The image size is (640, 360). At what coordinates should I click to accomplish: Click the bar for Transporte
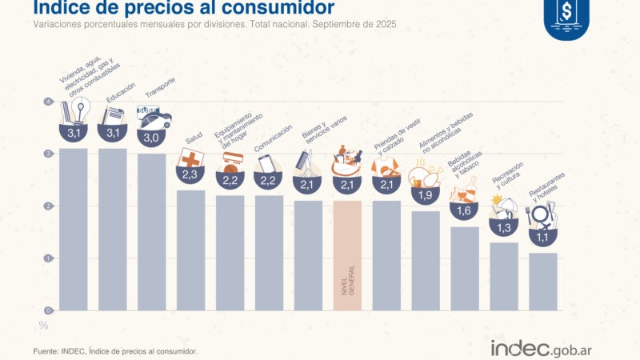click(x=152, y=232)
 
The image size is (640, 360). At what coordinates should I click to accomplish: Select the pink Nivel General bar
click(x=347, y=255)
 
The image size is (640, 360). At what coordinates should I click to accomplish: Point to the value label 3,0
click(x=152, y=138)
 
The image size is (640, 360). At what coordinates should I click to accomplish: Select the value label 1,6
click(x=465, y=212)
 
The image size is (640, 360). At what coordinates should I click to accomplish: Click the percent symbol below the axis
click(x=44, y=326)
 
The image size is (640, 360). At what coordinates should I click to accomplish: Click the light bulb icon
click(x=80, y=108)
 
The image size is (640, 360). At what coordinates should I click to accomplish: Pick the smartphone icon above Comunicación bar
click(x=266, y=162)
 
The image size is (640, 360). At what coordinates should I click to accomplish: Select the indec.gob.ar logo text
click(x=541, y=349)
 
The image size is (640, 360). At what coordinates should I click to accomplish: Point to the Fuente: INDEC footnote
click(x=115, y=351)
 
